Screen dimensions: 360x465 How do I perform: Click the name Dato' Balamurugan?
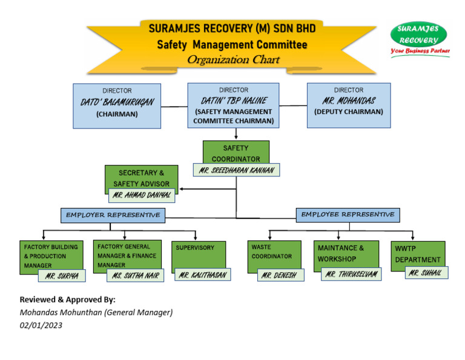click(117, 102)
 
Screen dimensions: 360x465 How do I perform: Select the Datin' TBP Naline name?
click(234, 101)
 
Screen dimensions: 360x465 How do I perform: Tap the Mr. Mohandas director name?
click(348, 101)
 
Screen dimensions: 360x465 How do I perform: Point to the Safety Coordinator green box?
click(236, 153)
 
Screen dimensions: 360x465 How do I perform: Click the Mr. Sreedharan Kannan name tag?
click(237, 171)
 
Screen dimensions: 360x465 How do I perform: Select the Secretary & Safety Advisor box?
click(141, 178)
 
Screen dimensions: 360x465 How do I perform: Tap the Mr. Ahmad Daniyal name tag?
click(142, 195)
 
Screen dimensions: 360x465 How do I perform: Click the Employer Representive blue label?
click(113, 215)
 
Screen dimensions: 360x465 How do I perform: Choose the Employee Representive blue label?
click(348, 215)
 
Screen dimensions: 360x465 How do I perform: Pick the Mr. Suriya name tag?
click(62, 276)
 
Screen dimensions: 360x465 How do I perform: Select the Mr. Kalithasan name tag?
click(202, 275)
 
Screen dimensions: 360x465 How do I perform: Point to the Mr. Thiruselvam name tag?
click(351, 275)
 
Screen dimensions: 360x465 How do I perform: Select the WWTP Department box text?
click(417, 254)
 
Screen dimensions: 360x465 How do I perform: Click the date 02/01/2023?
click(41, 325)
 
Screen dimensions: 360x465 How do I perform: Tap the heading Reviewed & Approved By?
click(67, 299)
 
